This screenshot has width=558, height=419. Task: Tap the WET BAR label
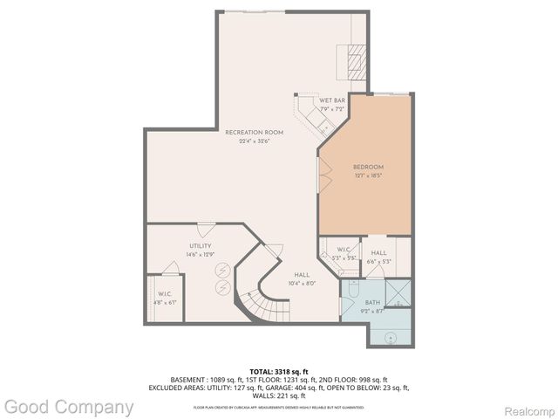(x=331, y=101)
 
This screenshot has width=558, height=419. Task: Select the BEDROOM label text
(x=368, y=167)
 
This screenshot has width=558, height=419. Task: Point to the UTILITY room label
(x=201, y=246)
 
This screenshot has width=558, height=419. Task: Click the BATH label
(x=373, y=303)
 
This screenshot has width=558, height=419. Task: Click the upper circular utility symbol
(x=224, y=270)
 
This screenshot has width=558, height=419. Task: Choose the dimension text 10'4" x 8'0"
(x=301, y=283)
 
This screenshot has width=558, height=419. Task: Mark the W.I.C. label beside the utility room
(x=166, y=294)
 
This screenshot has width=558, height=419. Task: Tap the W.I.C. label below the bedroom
(x=342, y=251)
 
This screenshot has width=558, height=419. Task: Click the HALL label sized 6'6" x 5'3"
(x=378, y=252)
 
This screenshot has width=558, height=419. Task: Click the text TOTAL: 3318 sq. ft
(x=278, y=371)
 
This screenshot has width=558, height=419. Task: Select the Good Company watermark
(x=68, y=407)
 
